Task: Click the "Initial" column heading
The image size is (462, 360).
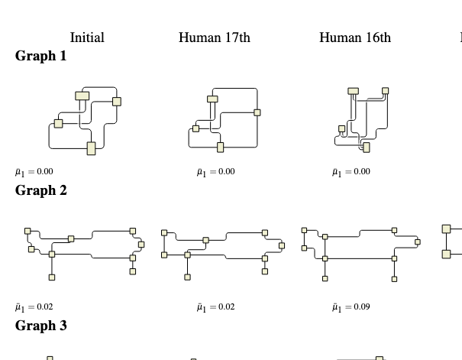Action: point(87,37)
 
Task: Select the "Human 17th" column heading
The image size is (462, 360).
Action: point(214,37)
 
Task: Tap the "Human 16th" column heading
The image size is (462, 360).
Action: point(354,37)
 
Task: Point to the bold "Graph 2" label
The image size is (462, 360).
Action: point(41,190)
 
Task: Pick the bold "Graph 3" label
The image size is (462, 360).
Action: point(41,326)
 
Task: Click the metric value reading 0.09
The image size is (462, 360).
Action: point(352,306)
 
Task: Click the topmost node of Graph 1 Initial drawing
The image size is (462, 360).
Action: point(82,96)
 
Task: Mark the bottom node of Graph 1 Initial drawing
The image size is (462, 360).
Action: point(92,148)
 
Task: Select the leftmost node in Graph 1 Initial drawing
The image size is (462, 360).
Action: point(58,124)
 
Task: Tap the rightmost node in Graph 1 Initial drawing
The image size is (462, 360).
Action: point(117,101)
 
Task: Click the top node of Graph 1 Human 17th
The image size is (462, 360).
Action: point(213,99)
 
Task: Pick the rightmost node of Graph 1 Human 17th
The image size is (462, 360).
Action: point(257,113)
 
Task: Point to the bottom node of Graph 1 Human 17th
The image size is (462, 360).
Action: point(221,147)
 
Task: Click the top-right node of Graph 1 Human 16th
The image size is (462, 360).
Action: point(385,90)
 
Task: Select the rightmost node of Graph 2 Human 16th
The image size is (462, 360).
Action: point(418,242)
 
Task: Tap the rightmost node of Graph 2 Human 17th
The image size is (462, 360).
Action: point(283,245)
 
